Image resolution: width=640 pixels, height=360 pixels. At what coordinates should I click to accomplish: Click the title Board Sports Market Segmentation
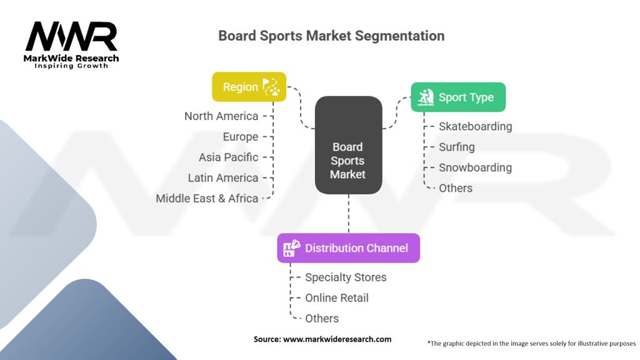[x=331, y=36]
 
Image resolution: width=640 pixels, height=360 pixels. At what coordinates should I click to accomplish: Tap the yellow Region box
[x=249, y=87]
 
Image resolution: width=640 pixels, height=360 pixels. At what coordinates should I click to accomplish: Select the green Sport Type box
[x=457, y=97]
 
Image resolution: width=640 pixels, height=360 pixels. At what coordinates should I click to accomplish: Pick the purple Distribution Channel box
[x=348, y=248]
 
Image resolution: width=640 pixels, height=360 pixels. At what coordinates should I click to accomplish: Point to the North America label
[x=221, y=116]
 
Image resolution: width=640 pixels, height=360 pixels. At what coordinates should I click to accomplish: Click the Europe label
[x=240, y=137]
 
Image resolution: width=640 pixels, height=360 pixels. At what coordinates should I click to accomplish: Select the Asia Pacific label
[x=228, y=157]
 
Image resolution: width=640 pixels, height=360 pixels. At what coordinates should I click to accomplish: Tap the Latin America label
[x=222, y=178]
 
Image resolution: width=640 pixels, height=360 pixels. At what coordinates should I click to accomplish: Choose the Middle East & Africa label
[x=207, y=199]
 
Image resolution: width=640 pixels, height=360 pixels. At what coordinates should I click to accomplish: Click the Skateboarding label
[x=475, y=126]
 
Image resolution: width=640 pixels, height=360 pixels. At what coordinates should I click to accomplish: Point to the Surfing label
[x=456, y=147]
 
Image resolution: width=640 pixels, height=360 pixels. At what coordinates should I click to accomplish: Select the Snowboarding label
[x=475, y=167]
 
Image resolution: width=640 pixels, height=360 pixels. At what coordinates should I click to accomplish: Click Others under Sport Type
[x=455, y=188]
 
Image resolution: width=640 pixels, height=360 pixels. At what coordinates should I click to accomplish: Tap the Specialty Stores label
[x=346, y=277]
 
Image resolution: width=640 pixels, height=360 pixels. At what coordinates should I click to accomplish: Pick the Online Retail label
[x=336, y=298]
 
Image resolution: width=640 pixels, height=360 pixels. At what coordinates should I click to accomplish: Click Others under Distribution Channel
[x=321, y=319]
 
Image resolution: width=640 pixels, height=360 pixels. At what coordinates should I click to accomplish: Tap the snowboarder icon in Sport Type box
[x=426, y=97]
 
